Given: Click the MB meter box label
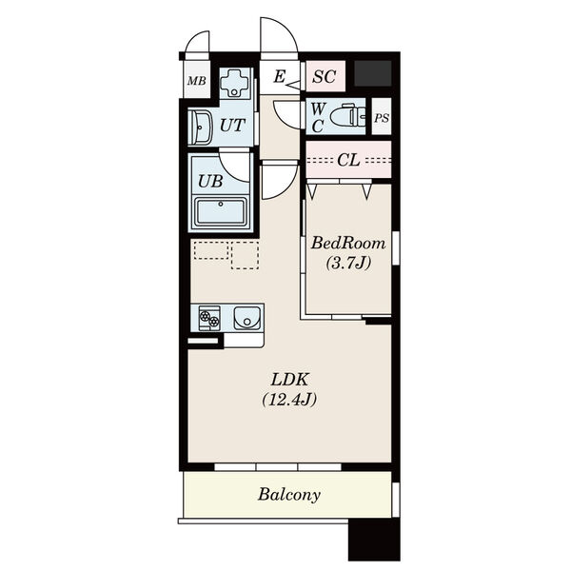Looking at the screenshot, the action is (x=197, y=81).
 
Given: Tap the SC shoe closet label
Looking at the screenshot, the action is (x=325, y=76).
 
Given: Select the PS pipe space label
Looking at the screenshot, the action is (x=382, y=118).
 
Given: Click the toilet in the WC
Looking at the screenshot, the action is (x=348, y=116).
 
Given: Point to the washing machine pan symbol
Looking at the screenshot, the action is (x=235, y=83).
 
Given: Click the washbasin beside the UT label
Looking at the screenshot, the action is (x=200, y=128).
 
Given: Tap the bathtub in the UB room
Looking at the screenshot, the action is (x=221, y=212).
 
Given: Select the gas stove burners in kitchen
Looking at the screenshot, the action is (x=209, y=318).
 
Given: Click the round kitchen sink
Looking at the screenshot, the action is (x=246, y=318).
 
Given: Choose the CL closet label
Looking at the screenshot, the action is (x=348, y=160).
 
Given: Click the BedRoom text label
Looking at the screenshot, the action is (x=347, y=243).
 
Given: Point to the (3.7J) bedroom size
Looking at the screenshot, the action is (x=347, y=263).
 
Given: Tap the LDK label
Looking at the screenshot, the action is (x=289, y=380).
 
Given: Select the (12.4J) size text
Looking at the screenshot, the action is (x=289, y=399).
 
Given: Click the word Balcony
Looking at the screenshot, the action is (x=289, y=495).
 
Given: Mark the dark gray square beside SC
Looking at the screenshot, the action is (x=372, y=73).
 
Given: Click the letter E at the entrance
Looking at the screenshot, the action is (x=279, y=76).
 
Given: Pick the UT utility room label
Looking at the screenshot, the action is (x=232, y=126).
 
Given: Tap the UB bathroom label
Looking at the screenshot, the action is (x=210, y=181).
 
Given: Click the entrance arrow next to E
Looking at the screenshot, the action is (x=293, y=85).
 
